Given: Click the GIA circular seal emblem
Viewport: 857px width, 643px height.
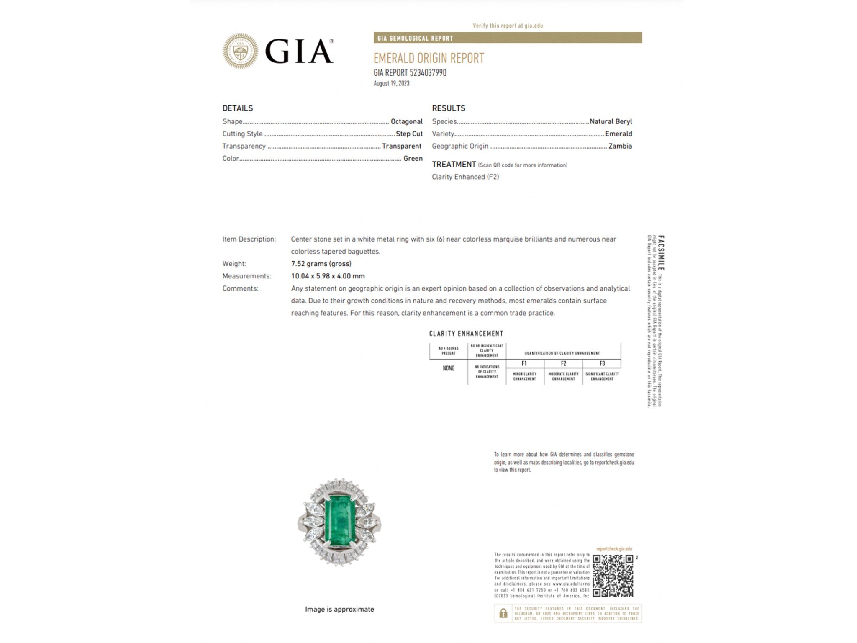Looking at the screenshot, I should click(240, 51).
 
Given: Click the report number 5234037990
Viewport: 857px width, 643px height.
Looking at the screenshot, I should click(428, 73).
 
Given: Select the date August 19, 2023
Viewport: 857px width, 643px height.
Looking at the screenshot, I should click(391, 83).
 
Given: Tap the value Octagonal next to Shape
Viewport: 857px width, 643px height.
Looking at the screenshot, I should click(406, 121).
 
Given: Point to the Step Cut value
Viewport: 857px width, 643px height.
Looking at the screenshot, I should click(409, 134).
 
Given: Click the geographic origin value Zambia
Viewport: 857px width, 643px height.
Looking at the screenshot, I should click(620, 146).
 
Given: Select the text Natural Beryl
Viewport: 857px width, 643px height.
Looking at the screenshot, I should click(611, 121).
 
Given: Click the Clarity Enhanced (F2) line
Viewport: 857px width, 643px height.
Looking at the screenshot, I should click(465, 177).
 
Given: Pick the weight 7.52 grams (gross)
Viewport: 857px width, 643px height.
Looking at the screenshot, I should click(321, 264).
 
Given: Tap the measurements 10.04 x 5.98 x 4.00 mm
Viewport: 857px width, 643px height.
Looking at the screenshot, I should click(328, 276).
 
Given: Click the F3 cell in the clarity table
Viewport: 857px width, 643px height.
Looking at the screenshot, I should click(602, 363).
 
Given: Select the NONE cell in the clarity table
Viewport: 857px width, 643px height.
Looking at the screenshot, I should click(448, 368).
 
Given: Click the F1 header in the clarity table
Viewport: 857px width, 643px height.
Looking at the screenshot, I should click(524, 363).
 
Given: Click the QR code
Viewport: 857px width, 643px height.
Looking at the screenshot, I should click(613, 576).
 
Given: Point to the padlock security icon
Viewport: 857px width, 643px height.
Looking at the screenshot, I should click(503, 614).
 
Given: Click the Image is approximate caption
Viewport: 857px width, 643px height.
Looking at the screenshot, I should click(339, 610).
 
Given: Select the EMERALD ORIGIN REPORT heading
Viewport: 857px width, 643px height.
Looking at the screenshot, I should click(428, 58).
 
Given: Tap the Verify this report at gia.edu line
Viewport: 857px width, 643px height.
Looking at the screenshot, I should click(508, 26).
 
